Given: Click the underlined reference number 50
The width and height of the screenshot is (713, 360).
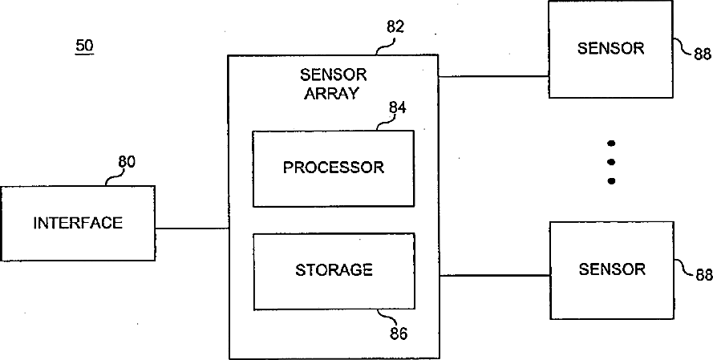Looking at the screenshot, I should [84, 46].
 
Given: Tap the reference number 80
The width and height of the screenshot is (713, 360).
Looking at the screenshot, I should [127, 161].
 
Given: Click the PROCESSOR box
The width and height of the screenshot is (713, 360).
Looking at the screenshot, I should [334, 168].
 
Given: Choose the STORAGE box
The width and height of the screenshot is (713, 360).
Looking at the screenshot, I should [334, 271].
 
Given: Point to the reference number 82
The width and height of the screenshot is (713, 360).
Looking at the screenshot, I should [395, 27].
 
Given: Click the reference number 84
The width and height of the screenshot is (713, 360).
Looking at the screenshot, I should [398, 107].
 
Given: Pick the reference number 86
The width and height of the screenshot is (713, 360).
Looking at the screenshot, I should [399, 333].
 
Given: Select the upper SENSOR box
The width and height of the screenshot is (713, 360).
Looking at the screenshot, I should [610, 49].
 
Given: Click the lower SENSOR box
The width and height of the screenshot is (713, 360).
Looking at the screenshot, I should [612, 269].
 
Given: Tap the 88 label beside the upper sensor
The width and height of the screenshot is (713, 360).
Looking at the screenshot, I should [703, 55].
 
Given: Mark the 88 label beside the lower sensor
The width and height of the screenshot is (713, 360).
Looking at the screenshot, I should [703, 275].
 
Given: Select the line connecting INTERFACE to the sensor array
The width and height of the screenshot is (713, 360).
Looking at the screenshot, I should [192, 229].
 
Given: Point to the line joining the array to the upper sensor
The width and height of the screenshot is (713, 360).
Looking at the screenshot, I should [493, 77].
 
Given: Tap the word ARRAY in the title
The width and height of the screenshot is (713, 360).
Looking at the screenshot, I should [333, 92].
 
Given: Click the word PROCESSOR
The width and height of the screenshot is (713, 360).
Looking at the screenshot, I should [334, 168].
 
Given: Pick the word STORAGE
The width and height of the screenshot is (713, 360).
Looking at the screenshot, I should [334, 269].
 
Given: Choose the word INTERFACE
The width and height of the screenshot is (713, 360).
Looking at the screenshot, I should [78, 223].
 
